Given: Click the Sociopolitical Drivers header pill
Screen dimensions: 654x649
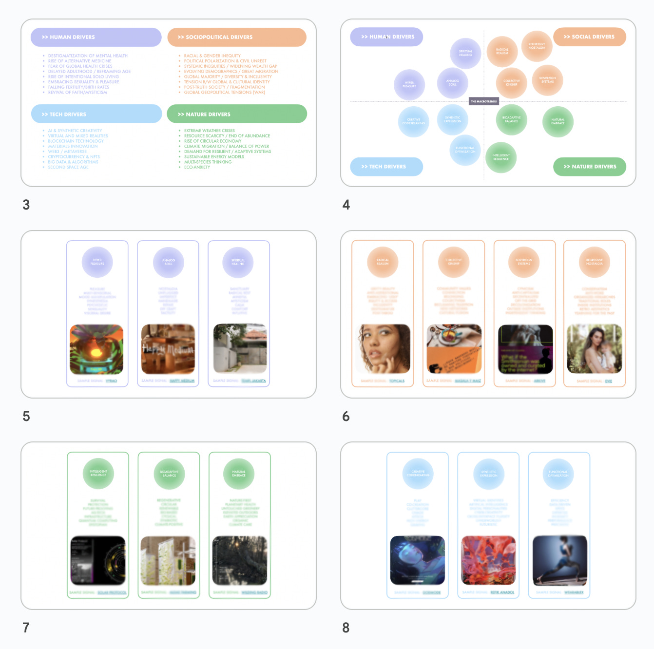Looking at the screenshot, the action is (x=236, y=37).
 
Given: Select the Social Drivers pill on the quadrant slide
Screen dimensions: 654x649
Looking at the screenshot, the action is (x=589, y=37).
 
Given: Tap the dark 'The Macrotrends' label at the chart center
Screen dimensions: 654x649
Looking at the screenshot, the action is (x=483, y=101).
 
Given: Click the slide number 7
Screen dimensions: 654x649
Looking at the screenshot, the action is (x=26, y=628).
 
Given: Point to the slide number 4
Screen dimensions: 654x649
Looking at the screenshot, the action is (x=346, y=205).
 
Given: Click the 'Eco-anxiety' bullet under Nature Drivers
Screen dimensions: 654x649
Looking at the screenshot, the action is (x=197, y=167).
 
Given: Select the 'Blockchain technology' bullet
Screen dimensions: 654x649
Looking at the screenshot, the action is (x=76, y=141).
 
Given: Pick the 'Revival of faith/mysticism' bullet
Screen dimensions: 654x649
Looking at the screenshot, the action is (x=77, y=92).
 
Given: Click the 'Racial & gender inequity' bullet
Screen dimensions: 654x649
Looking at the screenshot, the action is (x=212, y=56).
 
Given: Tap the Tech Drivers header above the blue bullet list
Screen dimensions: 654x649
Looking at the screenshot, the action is (x=96, y=114).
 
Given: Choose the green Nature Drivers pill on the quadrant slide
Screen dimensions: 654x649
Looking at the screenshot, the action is (x=589, y=167).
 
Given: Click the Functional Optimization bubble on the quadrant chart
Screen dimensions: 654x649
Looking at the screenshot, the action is (x=465, y=150).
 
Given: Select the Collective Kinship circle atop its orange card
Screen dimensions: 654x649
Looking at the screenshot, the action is (x=454, y=262).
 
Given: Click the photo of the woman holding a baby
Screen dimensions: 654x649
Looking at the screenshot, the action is (x=594, y=349).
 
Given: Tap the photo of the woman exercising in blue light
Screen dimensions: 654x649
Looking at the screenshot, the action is (x=559, y=560).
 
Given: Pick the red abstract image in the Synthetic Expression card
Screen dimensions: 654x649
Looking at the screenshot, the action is (x=488, y=560).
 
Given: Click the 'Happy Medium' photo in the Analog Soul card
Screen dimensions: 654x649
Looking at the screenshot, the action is (x=168, y=349).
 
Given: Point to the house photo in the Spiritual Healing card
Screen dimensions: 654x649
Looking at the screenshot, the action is (x=240, y=349).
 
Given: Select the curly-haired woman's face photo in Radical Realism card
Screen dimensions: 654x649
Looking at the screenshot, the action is (x=383, y=349).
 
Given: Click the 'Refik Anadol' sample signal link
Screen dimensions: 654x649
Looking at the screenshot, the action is (x=502, y=592).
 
